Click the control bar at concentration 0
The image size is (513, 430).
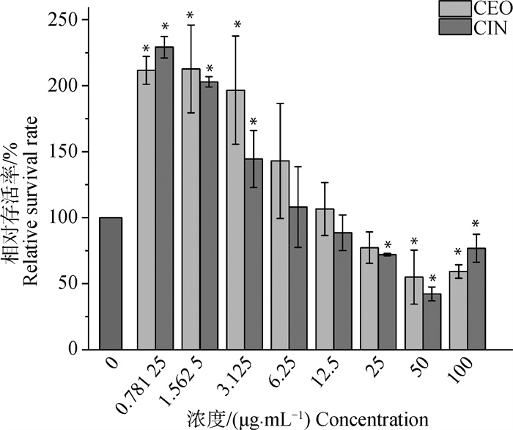tap(110, 283)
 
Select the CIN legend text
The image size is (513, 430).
tap(490, 28)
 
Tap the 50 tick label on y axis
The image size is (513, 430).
tap(72, 284)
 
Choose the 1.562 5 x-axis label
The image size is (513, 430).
tap(179, 385)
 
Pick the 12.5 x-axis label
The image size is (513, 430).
tap(325, 374)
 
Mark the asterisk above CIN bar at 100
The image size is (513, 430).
tap(475, 223)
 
